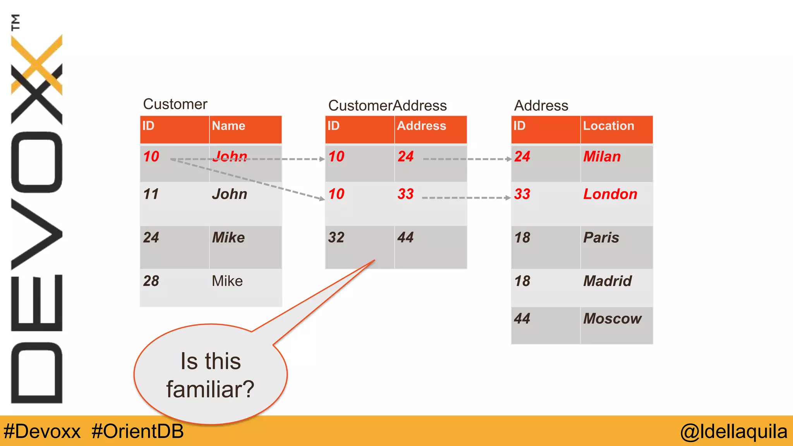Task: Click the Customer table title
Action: point(175,104)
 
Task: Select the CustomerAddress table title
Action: point(387,105)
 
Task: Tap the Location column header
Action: point(608,126)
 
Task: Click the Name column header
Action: point(228,126)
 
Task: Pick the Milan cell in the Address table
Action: point(602,156)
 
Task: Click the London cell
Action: point(610,194)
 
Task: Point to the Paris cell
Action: point(601,237)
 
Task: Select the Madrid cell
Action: point(607,281)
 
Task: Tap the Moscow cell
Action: point(612,318)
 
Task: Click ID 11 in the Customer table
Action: point(151,194)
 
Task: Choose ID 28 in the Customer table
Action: point(151,281)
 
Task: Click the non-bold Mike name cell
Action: point(227,281)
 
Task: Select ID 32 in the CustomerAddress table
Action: point(336,237)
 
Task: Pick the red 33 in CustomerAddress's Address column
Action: point(405,194)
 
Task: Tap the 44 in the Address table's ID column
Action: point(522,318)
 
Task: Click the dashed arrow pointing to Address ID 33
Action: point(466,198)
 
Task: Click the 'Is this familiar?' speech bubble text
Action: point(210,375)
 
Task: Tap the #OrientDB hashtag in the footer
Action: point(137,431)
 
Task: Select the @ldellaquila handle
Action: point(734,431)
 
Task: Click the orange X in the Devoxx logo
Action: point(37,64)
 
